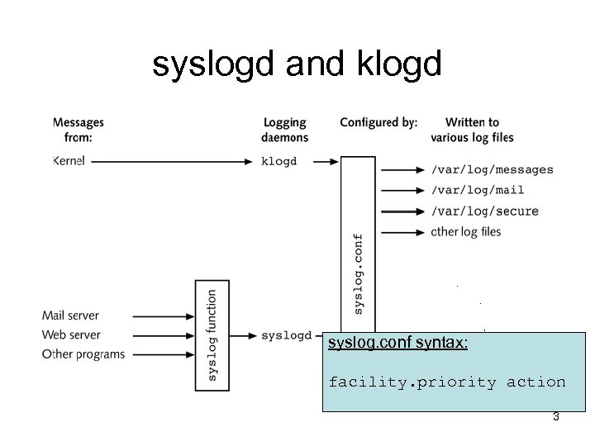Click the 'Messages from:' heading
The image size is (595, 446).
pos(79,130)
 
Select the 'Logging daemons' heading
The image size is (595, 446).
pos(285,130)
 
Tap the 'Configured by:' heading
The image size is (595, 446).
pos(378,122)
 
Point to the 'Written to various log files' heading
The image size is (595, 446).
pos(472,130)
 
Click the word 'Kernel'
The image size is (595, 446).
pos(70,161)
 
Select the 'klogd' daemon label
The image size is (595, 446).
pos(278,161)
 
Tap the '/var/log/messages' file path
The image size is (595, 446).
pos(492,169)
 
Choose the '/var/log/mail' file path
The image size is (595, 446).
pos(478,190)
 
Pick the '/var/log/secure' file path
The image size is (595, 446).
pos(484,211)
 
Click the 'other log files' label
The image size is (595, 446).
pos(466,232)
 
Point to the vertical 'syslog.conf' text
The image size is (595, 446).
pos(358,273)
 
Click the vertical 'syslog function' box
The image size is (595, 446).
pos(212,334)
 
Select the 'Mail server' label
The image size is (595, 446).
pos(70,316)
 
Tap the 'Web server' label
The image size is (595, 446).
pos(71,334)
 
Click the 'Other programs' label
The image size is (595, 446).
pos(83,354)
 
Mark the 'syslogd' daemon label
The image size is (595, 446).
pos(286,335)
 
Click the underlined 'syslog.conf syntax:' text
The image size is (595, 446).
pos(397,342)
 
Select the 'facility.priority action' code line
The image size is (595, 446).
pos(447,382)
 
